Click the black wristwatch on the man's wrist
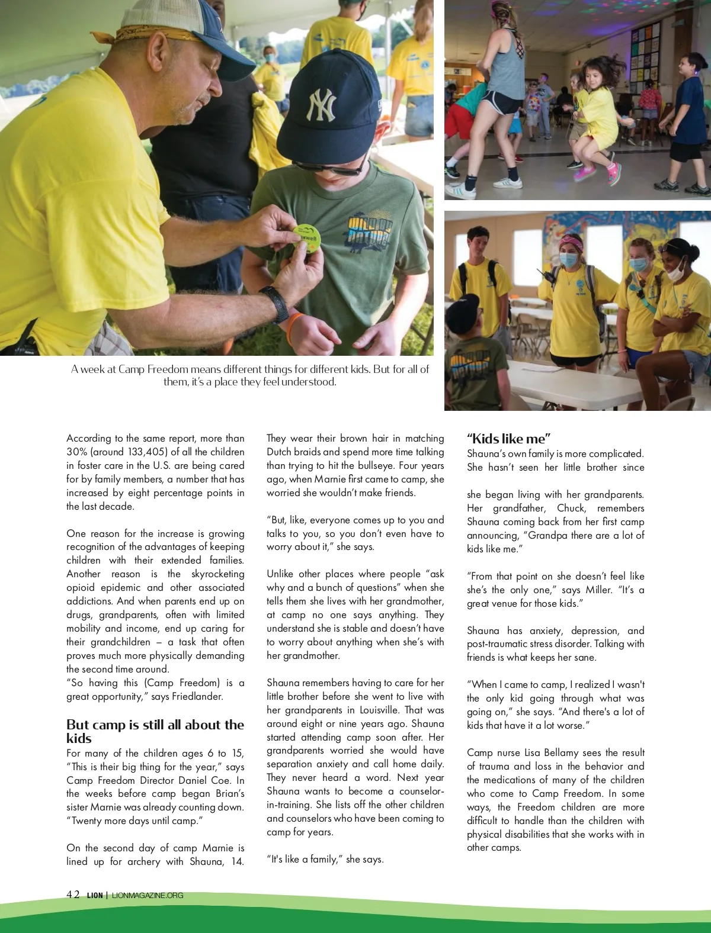pos(274,303)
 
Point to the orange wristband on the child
pos(296,325)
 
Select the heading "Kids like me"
pos(509,439)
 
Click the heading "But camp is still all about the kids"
pos(155,731)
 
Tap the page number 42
pos(73,895)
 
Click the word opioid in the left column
pos(83,587)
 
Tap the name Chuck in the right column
pos(571,508)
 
